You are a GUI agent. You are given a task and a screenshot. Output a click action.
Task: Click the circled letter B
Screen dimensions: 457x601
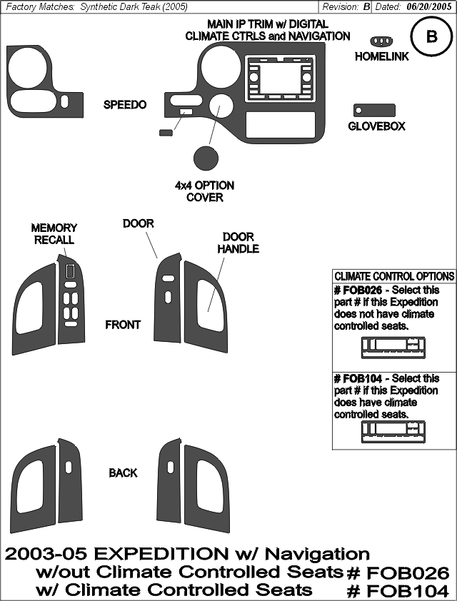click(432, 37)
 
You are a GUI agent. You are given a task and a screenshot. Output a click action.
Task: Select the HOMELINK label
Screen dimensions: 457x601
click(381, 56)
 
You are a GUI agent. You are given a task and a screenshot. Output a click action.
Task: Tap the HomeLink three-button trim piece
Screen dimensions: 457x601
click(381, 41)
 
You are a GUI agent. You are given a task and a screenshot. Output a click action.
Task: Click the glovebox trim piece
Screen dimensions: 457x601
click(374, 111)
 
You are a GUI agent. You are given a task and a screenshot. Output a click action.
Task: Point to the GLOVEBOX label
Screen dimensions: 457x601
click(376, 126)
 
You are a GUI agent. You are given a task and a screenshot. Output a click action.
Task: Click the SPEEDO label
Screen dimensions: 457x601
click(125, 105)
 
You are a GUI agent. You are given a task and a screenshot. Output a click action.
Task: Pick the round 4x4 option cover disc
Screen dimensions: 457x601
click(206, 158)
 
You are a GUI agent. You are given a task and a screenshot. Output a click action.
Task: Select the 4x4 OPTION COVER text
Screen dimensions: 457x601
click(204, 191)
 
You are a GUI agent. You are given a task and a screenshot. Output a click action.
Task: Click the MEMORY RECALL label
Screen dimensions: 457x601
click(54, 234)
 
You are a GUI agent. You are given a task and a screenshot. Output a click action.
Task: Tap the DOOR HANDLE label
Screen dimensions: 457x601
click(238, 243)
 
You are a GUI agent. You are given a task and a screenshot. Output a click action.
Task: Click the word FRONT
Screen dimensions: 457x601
click(123, 325)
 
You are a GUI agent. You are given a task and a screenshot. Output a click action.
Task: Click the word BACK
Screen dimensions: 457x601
click(123, 473)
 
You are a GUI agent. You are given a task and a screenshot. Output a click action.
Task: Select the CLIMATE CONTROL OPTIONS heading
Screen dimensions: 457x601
click(394, 276)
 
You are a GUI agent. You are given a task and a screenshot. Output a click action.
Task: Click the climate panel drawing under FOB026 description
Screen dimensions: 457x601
click(393, 348)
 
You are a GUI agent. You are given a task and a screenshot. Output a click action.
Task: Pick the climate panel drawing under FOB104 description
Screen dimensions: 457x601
click(393, 432)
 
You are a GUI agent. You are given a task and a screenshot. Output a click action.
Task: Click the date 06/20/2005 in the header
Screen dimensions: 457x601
click(429, 7)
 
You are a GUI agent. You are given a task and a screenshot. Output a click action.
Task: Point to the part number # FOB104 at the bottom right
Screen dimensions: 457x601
click(398, 592)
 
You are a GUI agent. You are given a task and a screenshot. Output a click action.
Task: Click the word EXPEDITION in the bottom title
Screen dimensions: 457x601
click(161, 554)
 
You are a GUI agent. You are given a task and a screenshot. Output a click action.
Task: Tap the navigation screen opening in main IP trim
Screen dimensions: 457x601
click(281, 77)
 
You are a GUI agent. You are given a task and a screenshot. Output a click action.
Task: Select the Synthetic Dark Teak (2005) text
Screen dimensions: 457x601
click(134, 7)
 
